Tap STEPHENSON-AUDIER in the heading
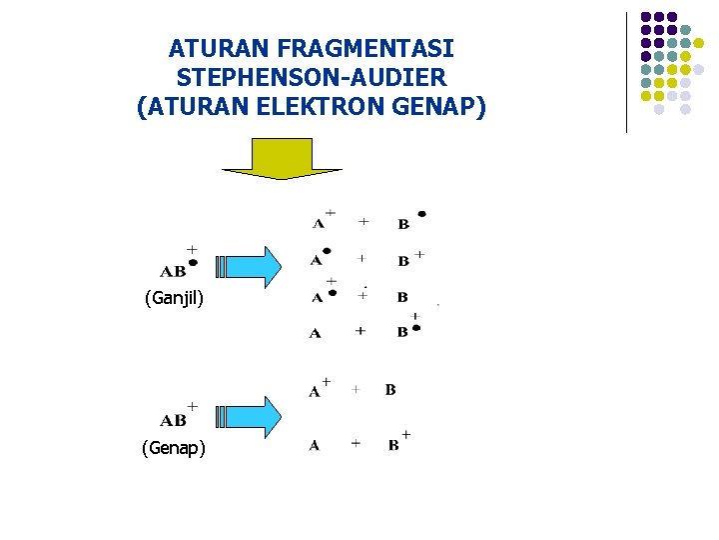tap(312, 77)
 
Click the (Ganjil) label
tap(175, 297)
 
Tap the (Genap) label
tap(175, 448)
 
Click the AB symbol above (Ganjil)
tap(173, 271)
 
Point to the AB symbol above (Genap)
tap(173, 421)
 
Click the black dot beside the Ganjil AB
tap(193, 263)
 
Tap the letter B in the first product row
tap(403, 225)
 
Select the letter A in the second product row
tap(316, 261)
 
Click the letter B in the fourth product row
tap(402, 332)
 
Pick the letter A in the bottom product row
tap(315, 445)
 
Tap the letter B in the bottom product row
tap(394, 445)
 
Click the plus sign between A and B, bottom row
tap(356, 443)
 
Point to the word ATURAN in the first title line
tap(209, 48)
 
